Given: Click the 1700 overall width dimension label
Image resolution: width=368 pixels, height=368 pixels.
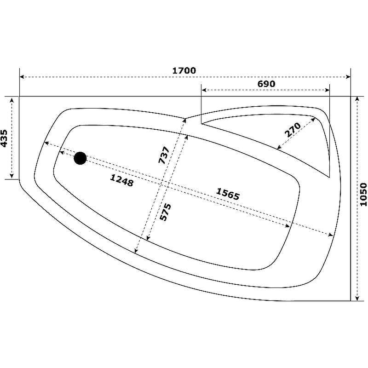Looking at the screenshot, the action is click(x=184, y=70).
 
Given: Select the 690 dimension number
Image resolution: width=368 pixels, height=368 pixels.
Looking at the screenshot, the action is click(x=266, y=84).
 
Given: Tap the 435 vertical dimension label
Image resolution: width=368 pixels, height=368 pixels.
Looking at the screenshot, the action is click(x=4, y=138).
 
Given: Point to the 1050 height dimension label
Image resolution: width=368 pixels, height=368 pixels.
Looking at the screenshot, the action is click(x=363, y=195).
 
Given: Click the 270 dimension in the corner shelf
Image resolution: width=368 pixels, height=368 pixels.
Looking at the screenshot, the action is click(x=293, y=130).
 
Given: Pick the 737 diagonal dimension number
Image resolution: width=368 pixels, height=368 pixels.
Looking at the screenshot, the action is click(x=164, y=155).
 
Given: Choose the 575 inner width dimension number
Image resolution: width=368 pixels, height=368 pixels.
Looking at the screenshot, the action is click(x=165, y=212).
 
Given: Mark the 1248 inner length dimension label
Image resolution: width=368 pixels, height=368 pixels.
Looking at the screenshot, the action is click(x=122, y=180).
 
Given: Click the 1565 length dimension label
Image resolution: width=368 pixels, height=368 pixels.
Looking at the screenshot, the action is click(x=228, y=194).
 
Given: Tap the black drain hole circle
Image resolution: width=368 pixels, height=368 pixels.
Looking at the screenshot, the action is click(x=80, y=158).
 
